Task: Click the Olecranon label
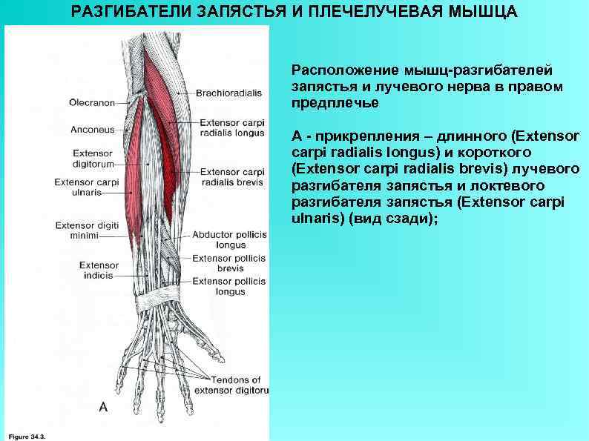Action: coord(92,102)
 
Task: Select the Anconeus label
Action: coord(92,130)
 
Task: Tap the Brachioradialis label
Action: coord(230,93)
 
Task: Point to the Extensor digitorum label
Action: coord(92,159)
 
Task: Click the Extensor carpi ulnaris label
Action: coord(87,186)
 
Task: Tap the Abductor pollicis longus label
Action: coord(230,239)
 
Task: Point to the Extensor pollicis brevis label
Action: coord(230,264)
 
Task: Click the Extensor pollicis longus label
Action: coord(230,286)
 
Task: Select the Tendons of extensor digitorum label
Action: coord(230,385)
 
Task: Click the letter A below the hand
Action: coord(103,407)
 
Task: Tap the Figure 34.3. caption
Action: coord(29,437)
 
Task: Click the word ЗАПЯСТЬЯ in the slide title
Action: coord(240,13)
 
